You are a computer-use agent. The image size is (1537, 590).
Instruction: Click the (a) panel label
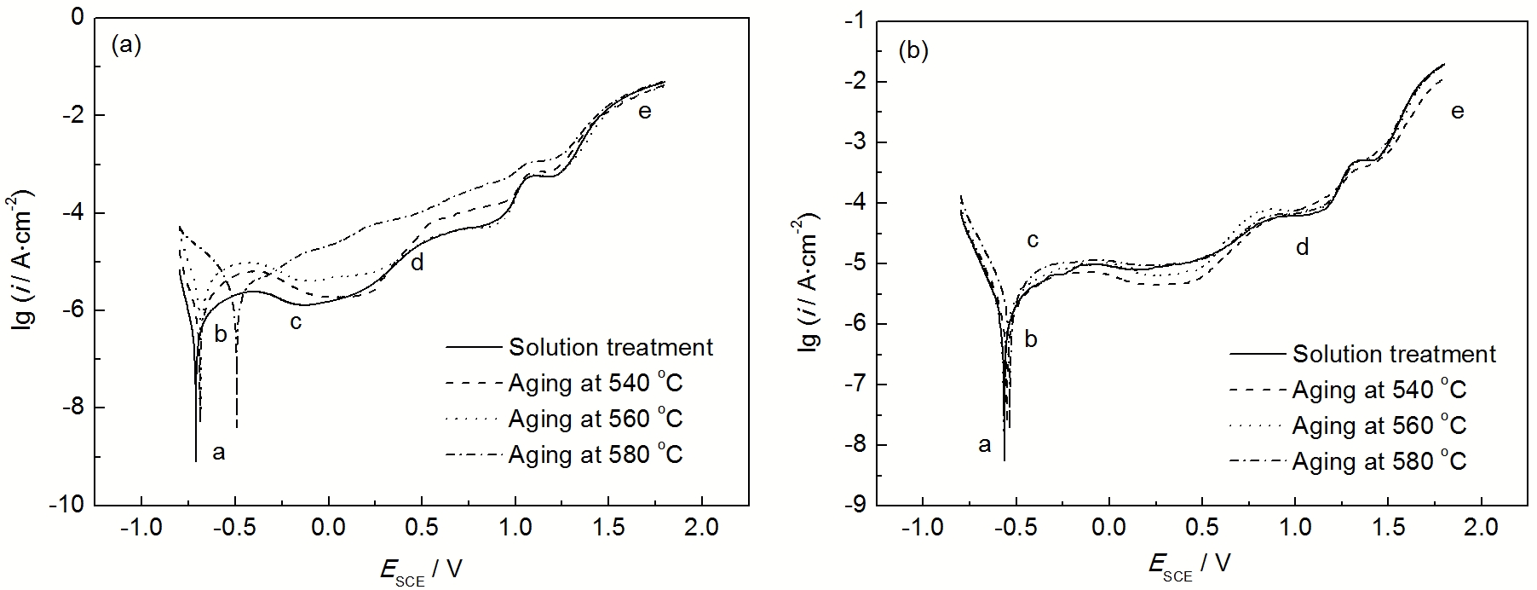click(126, 45)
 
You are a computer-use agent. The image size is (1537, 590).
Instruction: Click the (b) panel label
click(913, 50)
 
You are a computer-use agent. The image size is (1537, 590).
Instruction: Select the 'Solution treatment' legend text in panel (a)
click(611, 348)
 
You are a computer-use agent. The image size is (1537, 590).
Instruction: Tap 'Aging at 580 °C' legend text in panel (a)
click(596, 454)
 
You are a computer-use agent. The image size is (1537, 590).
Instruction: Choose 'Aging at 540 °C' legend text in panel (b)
click(1379, 390)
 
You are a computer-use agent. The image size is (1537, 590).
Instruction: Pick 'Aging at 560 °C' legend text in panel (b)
click(1379, 425)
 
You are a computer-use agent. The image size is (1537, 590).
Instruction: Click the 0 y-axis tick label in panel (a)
click(78, 17)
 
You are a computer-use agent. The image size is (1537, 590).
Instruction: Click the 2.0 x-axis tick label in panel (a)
click(702, 529)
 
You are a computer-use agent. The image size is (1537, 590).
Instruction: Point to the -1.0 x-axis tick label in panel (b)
click(923, 529)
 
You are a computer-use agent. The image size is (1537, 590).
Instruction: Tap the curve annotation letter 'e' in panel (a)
click(645, 111)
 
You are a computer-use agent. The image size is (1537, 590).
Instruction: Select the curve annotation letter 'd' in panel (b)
click(1302, 247)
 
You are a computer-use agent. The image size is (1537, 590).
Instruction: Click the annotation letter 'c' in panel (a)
click(296, 321)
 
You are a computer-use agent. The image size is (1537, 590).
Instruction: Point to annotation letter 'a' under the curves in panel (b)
click(985, 444)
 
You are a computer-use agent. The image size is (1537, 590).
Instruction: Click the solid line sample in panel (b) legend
click(1257, 354)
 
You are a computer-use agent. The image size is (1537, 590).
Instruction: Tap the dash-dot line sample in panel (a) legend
click(473, 454)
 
